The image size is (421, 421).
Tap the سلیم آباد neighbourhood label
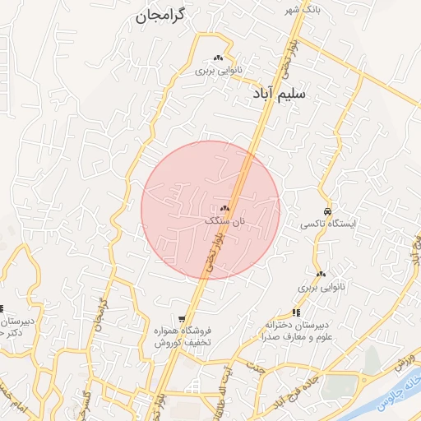point(280,94)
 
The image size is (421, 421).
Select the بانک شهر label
point(298,10)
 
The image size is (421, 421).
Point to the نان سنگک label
point(224,221)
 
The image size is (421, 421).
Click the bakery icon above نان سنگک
point(224,209)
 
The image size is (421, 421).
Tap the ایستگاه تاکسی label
point(328,224)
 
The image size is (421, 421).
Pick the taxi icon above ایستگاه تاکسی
point(328,211)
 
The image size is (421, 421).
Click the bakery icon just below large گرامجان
point(219,58)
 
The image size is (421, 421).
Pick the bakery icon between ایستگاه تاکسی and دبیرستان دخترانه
point(321,274)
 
